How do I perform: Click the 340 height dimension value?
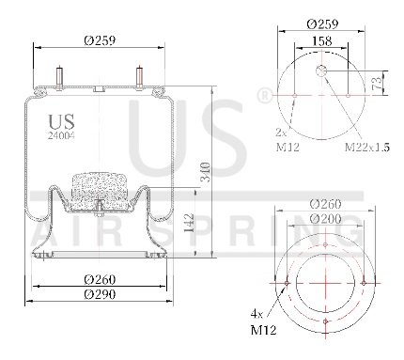click(x=206, y=172)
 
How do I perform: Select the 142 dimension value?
click(x=189, y=223)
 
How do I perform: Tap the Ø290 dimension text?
click(x=100, y=294)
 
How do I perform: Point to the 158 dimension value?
click(x=322, y=41)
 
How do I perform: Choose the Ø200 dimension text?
click(x=325, y=218)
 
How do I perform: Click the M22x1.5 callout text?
click(x=367, y=147)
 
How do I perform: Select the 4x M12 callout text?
click(x=263, y=321)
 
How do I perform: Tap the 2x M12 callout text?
click(x=287, y=140)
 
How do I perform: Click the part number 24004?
click(x=61, y=135)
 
